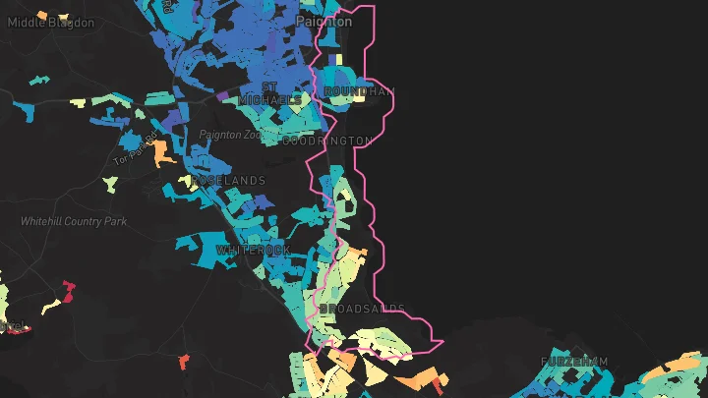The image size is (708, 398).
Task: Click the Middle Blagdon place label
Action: (51, 23)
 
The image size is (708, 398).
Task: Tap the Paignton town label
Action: (324, 21)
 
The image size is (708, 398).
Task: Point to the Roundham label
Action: (359, 91)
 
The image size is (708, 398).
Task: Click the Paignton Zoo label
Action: (232, 135)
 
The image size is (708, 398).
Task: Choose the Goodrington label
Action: (327, 141)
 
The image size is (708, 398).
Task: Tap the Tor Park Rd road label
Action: (136, 148)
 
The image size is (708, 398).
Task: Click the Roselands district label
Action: (229, 181)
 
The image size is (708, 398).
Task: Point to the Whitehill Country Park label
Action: (74, 221)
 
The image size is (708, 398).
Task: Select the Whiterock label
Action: (253, 251)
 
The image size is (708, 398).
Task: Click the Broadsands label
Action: (362, 309)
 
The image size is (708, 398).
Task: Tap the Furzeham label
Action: (575, 363)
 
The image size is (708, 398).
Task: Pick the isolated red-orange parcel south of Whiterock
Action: (184, 362)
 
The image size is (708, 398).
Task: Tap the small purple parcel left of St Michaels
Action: (222, 95)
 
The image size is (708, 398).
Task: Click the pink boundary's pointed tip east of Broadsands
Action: (442, 342)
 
